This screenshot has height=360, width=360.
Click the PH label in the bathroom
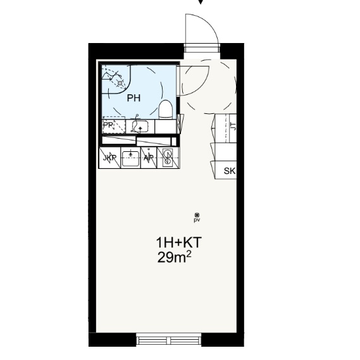point(133,98)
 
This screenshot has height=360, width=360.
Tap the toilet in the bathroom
point(166,109)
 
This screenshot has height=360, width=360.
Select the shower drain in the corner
point(120,83)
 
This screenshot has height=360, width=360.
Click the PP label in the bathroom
point(108,125)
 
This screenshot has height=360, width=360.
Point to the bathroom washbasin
point(140,127)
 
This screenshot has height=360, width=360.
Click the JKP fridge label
point(109,158)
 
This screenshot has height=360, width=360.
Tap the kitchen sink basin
point(130,158)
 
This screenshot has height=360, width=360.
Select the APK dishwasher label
point(149,158)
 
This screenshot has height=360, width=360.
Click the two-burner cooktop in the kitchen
point(168,158)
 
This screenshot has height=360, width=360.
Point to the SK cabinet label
point(230,171)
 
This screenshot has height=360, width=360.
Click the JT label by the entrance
point(233,127)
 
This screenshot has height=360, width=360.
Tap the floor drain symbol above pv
point(197,215)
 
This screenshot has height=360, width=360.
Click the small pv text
point(197,220)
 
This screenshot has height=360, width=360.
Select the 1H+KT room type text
point(178,243)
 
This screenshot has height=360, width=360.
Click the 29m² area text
point(174,258)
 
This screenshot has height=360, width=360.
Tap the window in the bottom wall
point(169,339)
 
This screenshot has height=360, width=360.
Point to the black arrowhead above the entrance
point(201,2)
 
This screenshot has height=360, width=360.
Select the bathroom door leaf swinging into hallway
point(194,80)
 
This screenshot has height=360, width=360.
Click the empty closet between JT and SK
point(224,152)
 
